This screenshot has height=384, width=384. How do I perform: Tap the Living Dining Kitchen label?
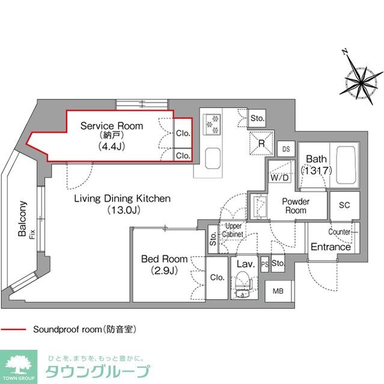tap(123, 198)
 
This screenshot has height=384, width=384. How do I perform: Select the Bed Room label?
tap(160, 259)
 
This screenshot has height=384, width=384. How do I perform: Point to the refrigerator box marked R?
tap(261, 143)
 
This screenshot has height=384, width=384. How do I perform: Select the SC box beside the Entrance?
tap(344, 205)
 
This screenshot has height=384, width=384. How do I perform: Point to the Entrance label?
tap(331, 247)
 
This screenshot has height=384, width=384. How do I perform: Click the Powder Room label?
tap(296, 206)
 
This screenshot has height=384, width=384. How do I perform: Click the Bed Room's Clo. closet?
tap(217, 278)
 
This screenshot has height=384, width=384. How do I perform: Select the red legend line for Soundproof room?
tap(15, 329)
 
